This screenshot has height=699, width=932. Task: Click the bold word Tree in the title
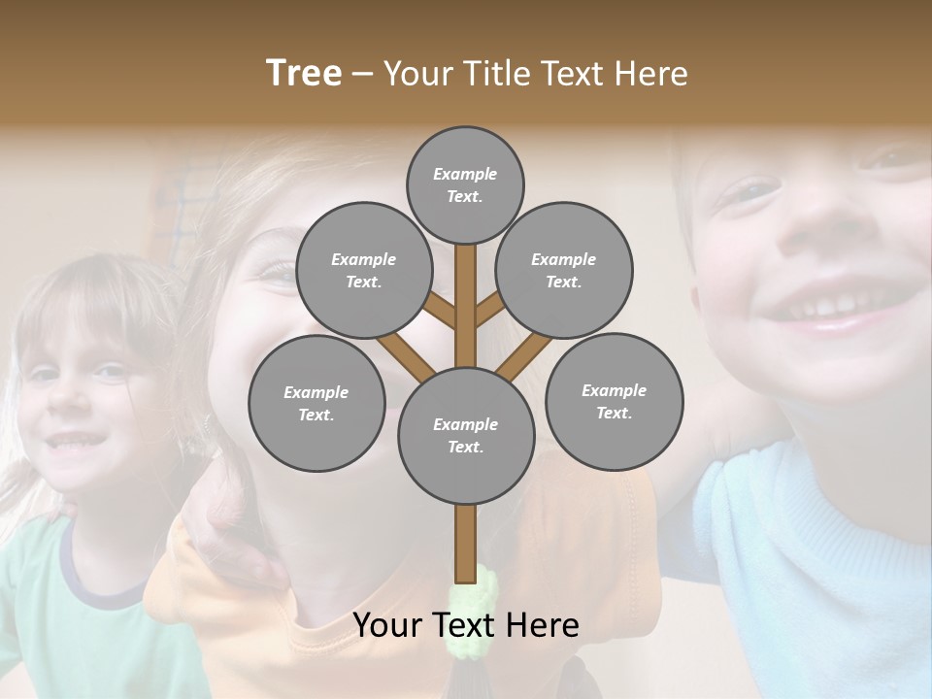click(304, 73)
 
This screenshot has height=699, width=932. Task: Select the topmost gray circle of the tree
click(465, 184)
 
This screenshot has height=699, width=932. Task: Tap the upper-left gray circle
click(363, 270)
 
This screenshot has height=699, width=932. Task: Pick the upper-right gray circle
click(564, 270)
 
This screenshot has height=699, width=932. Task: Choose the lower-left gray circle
click(316, 403)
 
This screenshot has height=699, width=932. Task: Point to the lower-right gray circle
click(614, 401)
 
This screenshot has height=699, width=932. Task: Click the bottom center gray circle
click(466, 436)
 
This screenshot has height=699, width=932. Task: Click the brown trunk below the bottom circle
click(466, 544)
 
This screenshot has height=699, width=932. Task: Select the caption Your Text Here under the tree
click(466, 625)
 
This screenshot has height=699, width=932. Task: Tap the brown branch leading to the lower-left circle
click(406, 354)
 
